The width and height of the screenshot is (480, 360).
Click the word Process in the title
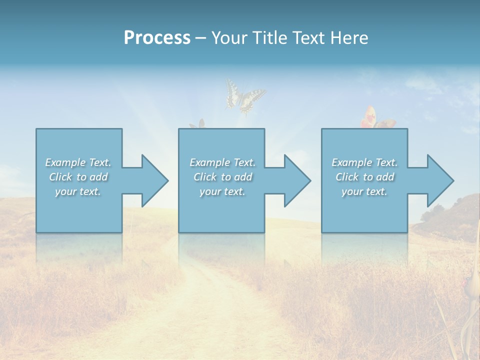point(157,38)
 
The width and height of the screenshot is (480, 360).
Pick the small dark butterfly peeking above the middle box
point(198,123)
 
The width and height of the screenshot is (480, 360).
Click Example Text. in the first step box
point(78,162)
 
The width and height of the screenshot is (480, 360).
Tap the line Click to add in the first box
point(78,177)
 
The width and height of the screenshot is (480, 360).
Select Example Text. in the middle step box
point(222,162)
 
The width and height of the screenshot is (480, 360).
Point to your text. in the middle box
point(222,191)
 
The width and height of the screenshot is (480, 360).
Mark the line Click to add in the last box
point(365,177)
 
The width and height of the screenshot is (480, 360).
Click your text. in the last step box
point(364,191)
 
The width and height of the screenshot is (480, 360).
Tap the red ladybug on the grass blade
point(468,283)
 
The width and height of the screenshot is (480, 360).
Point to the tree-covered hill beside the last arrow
point(450,215)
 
